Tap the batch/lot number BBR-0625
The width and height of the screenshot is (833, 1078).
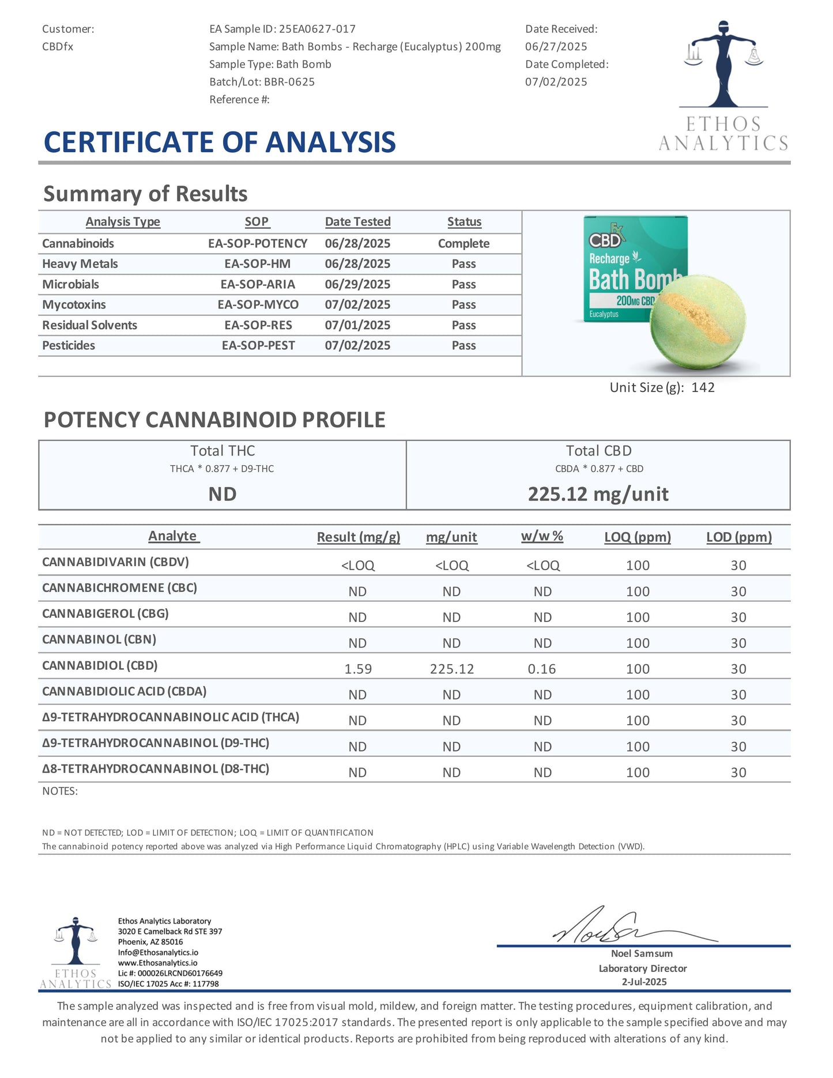[x=289, y=82]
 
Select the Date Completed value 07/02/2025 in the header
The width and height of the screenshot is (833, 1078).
[x=556, y=82]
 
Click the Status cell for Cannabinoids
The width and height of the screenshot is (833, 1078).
[x=463, y=243]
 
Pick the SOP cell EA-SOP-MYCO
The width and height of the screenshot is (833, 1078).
[x=258, y=304]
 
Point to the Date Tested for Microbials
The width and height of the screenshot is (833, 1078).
[x=357, y=284]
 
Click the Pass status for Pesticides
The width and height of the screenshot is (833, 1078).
[x=463, y=345]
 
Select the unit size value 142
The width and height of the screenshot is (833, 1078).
[x=703, y=387]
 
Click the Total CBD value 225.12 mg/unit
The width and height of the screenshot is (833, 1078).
[x=598, y=494]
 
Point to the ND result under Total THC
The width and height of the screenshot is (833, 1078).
[x=223, y=494]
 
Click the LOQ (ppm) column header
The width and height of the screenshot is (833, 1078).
[x=637, y=537]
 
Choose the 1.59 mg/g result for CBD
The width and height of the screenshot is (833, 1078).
[x=358, y=669]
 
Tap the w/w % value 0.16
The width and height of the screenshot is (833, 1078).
[x=542, y=669]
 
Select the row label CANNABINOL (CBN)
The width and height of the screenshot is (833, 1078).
[x=99, y=639]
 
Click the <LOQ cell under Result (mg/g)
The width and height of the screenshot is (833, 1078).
[x=358, y=566]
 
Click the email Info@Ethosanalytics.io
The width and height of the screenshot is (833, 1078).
[x=158, y=952]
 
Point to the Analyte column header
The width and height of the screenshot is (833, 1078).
[x=173, y=536]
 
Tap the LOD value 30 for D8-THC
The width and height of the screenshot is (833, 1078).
[x=738, y=772]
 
